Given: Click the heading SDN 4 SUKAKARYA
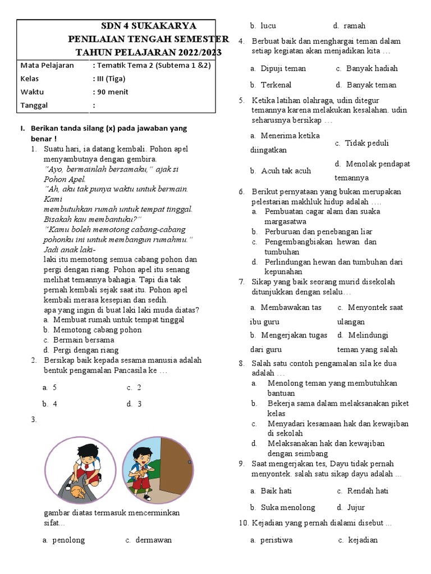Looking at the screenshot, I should pos(148,26).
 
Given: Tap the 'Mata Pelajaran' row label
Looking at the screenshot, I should pos(47,66).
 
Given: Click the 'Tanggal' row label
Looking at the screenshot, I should pos(34,105).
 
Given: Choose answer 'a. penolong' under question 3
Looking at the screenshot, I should pos(63,540).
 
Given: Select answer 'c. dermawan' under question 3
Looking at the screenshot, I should pos(149,540).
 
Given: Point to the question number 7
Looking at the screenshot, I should pos(241,282).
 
